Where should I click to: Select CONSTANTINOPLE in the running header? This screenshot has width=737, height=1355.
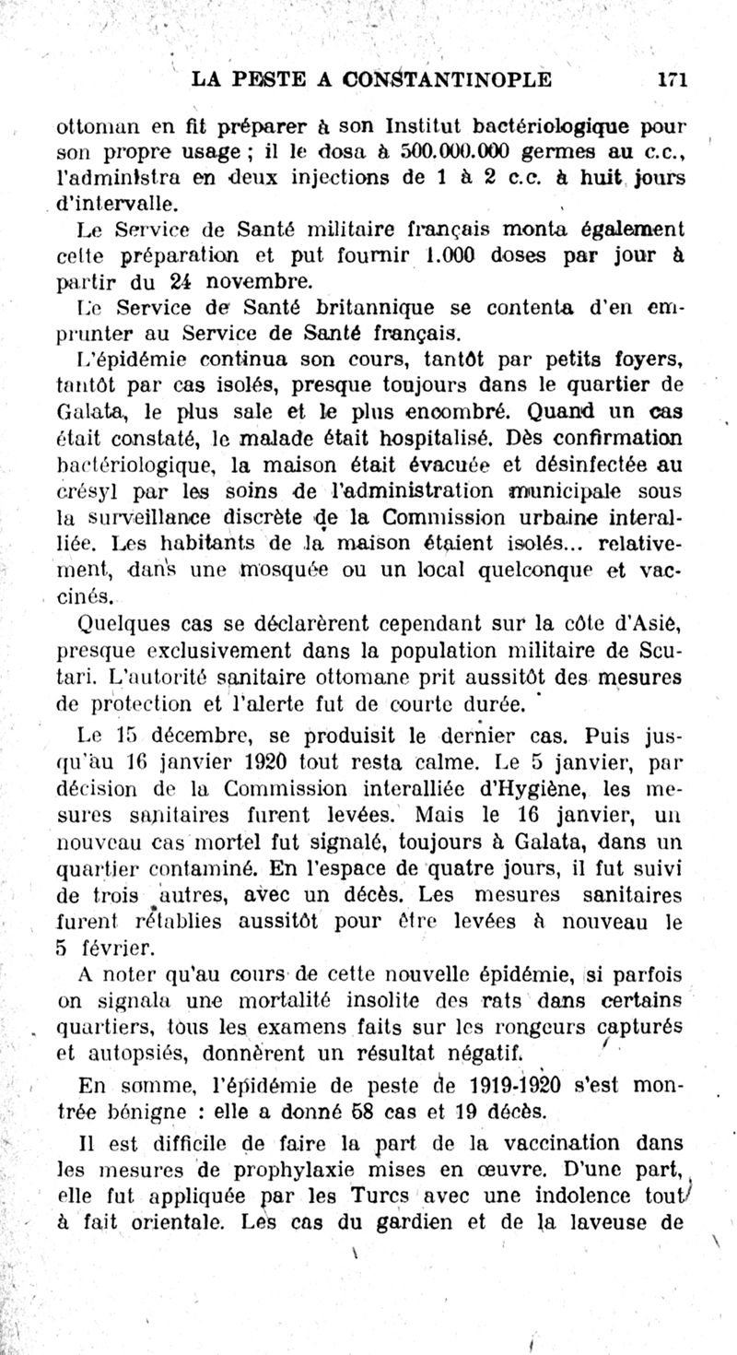point(447,80)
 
